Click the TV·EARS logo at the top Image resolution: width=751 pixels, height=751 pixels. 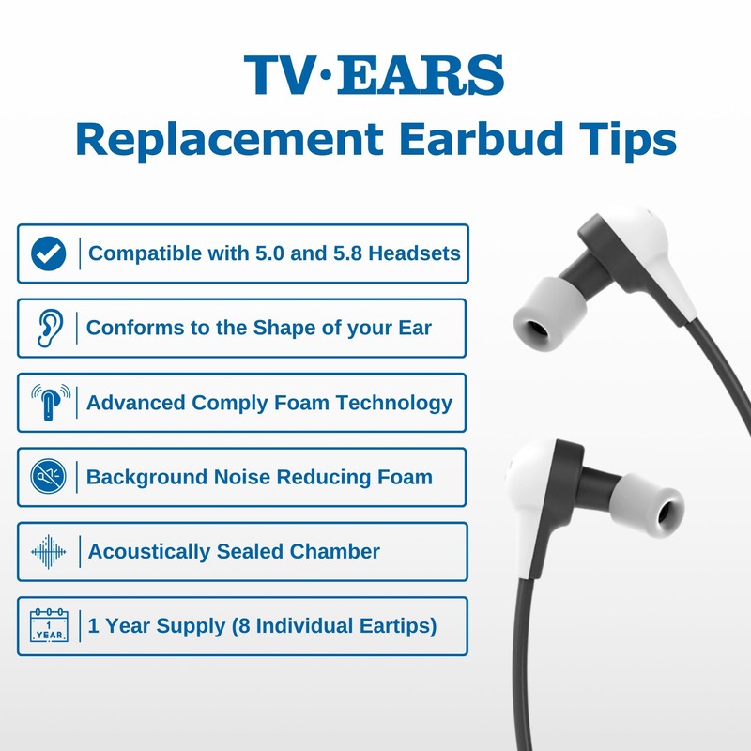[374, 76]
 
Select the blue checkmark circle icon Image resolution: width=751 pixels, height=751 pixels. [48, 253]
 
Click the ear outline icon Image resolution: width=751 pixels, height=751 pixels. [48, 328]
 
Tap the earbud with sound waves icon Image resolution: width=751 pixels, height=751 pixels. [48, 402]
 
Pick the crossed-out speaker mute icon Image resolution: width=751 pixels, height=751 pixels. [48, 477]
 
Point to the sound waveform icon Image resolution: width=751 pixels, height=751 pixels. [48, 551]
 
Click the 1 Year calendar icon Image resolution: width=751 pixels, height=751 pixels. [48, 625]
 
